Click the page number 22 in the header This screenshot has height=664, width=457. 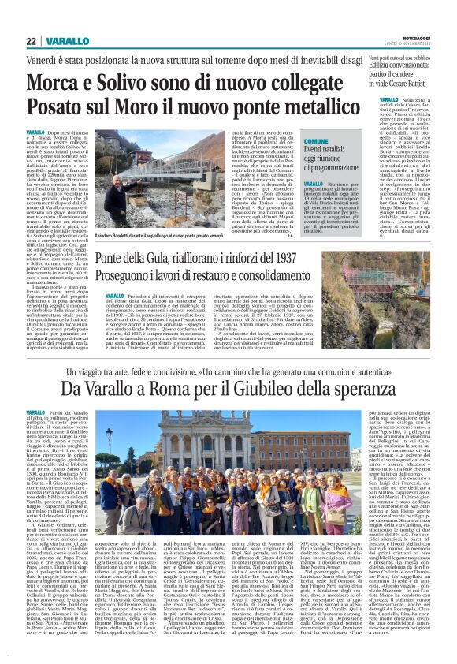(32, 41)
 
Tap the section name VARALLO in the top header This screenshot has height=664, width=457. (67, 41)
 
